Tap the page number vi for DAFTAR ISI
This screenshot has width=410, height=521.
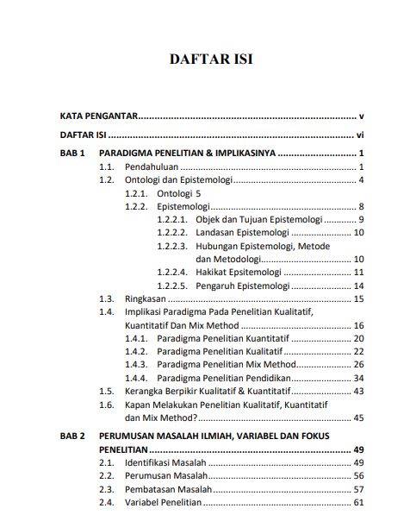coord(360,135)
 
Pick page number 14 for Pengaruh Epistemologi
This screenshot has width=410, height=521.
coord(359,286)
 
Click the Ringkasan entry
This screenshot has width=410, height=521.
coord(147,298)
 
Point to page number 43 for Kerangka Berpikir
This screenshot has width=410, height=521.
coord(359,391)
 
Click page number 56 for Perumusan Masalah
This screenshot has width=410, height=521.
coord(359,475)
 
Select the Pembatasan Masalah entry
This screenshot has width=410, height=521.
coord(169,489)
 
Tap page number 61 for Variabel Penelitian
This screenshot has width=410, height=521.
coord(359,502)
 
